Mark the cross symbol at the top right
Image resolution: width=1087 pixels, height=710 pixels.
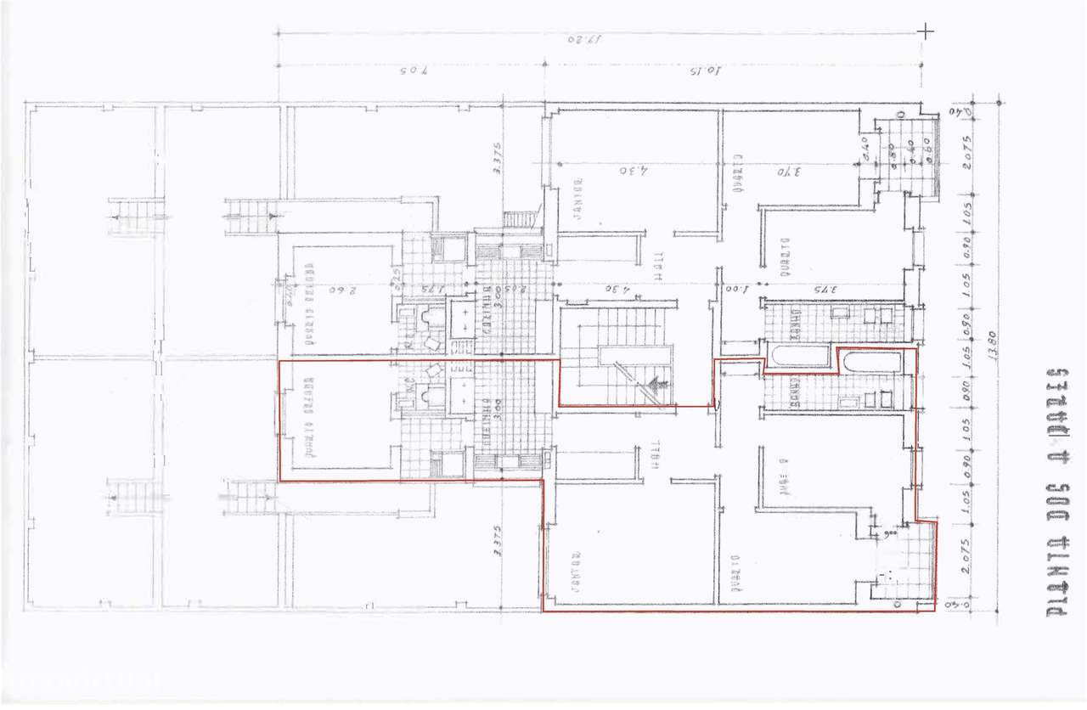click(x=926, y=31)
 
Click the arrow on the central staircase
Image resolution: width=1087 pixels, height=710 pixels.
click(x=654, y=387)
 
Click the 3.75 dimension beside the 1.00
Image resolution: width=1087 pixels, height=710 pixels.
click(x=824, y=288)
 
